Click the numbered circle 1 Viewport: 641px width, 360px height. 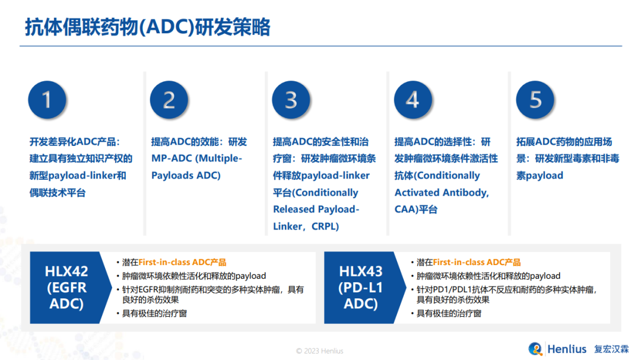(47, 100)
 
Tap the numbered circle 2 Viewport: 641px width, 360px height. (169, 100)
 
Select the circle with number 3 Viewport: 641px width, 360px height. (291, 100)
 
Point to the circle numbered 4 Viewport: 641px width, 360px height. (413, 100)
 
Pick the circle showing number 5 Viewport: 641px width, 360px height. (535, 100)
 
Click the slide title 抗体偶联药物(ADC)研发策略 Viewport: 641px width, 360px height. (148, 27)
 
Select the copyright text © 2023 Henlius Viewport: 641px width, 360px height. (320, 351)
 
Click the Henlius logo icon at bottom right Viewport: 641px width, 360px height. (535, 349)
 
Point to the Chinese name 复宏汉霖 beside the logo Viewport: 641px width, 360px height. (611, 349)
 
